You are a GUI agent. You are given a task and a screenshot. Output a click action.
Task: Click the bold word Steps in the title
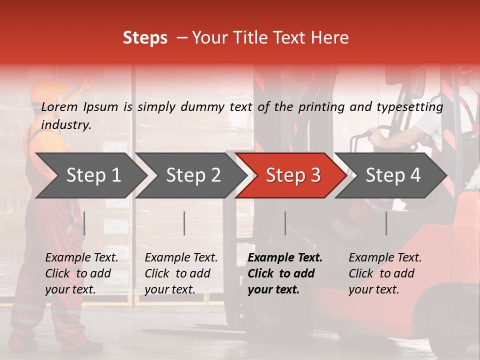tap(145, 38)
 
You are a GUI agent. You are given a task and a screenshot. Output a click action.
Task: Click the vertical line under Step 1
tap(84, 223)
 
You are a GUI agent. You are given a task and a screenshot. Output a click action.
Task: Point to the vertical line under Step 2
tap(184, 223)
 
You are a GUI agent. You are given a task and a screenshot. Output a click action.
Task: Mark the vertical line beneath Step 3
tap(285, 223)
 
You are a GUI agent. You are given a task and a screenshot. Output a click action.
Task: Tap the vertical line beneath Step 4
tap(386, 223)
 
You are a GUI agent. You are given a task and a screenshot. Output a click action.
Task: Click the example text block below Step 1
tap(81, 273)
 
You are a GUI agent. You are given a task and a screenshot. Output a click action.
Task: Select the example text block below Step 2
tap(181, 273)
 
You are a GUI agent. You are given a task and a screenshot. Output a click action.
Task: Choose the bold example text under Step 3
tap(285, 273)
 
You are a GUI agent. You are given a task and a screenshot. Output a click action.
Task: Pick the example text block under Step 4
tap(385, 273)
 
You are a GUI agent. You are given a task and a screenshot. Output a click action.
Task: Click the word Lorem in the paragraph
tap(59, 107)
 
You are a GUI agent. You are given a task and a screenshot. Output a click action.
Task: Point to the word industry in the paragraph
tap(65, 125)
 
